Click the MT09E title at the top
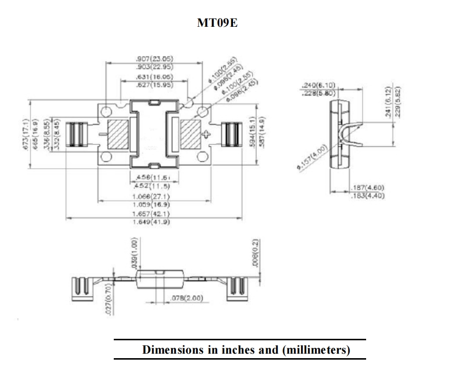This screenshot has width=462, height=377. [x=218, y=23]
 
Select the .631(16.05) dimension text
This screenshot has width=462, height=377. [x=154, y=77]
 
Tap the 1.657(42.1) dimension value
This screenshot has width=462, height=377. [x=152, y=214]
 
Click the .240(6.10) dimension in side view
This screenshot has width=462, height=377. [x=319, y=85]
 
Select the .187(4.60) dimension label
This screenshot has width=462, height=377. [x=367, y=188]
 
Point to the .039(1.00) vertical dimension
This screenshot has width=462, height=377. [x=134, y=253]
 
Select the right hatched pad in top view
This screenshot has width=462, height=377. [x=190, y=134]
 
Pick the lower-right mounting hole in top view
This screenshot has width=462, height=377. [x=203, y=157]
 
